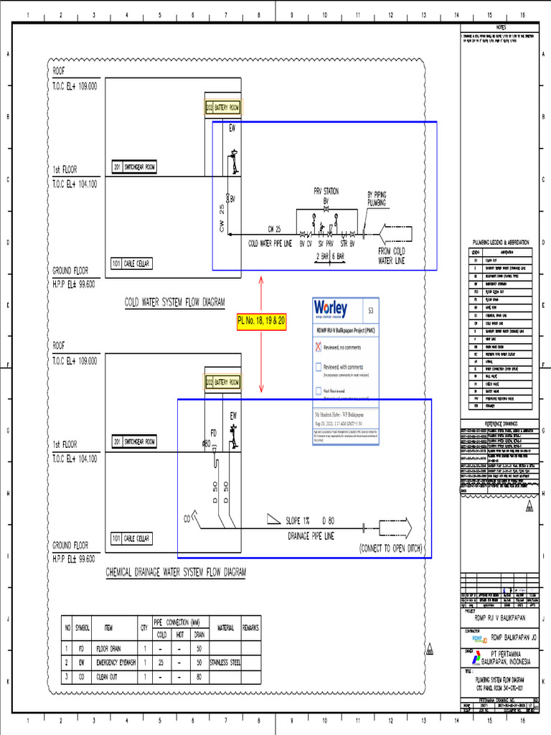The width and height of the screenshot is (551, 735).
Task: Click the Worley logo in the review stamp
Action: pyautogui.click(x=331, y=309)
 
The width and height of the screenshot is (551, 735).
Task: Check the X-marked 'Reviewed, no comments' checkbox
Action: pyautogui.click(x=319, y=347)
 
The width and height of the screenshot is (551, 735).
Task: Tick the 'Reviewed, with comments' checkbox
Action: pyautogui.click(x=319, y=367)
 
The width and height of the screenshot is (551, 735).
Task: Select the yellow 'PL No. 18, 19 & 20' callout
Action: pyautogui.click(x=262, y=322)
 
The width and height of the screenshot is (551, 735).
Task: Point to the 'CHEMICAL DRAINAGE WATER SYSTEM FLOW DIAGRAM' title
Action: pyautogui.click(x=176, y=572)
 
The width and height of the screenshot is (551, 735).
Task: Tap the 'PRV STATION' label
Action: pyautogui.click(x=326, y=192)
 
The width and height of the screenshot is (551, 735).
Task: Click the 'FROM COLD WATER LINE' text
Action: pyautogui.click(x=391, y=256)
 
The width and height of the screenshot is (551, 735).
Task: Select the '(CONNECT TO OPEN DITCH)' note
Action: pyautogui.click(x=390, y=550)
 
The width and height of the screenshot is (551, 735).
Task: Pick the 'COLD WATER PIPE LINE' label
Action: pyautogui.click(x=270, y=243)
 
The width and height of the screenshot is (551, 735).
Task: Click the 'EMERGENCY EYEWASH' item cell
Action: pyautogui.click(x=116, y=663)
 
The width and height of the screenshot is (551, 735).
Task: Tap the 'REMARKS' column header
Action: pyautogui.click(x=250, y=627)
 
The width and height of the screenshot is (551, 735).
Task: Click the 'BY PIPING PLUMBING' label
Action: pyautogui.click(x=377, y=198)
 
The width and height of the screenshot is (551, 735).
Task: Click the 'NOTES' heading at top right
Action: pyautogui.click(x=500, y=27)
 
